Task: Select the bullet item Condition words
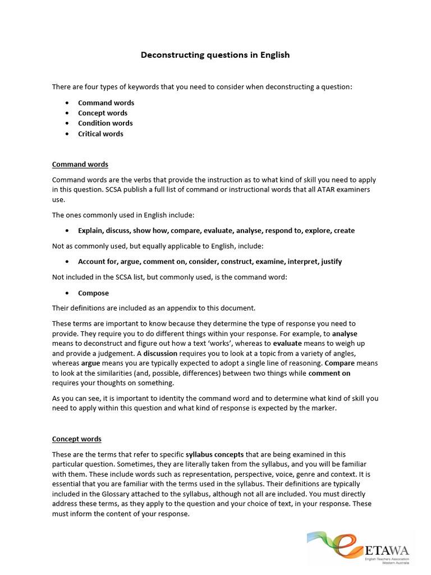click(x=106, y=123)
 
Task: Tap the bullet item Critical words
click(x=100, y=134)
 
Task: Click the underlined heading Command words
click(x=80, y=165)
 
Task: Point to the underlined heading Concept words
click(x=77, y=439)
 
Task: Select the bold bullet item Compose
click(x=93, y=293)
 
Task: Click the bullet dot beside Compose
click(x=67, y=293)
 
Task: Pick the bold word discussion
click(x=161, y=353)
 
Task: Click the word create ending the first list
click(x=344, y=231)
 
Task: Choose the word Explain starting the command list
click(x=91, y=231)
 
